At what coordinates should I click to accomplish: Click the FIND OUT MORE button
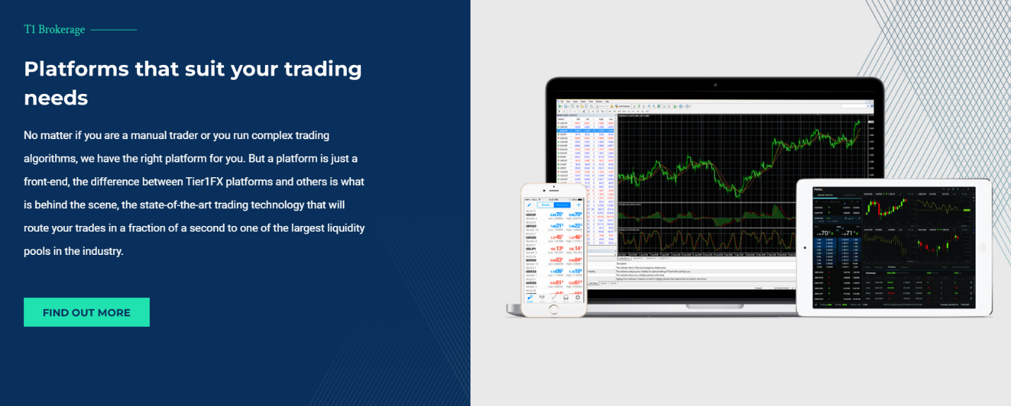(86, 312)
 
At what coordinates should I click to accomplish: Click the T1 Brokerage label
(54, 30)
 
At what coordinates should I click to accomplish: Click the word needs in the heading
(56, 98)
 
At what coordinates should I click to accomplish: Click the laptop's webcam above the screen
(714, 84)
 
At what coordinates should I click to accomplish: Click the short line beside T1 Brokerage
(114, 30)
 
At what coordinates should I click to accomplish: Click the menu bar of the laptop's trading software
(586, 102)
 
